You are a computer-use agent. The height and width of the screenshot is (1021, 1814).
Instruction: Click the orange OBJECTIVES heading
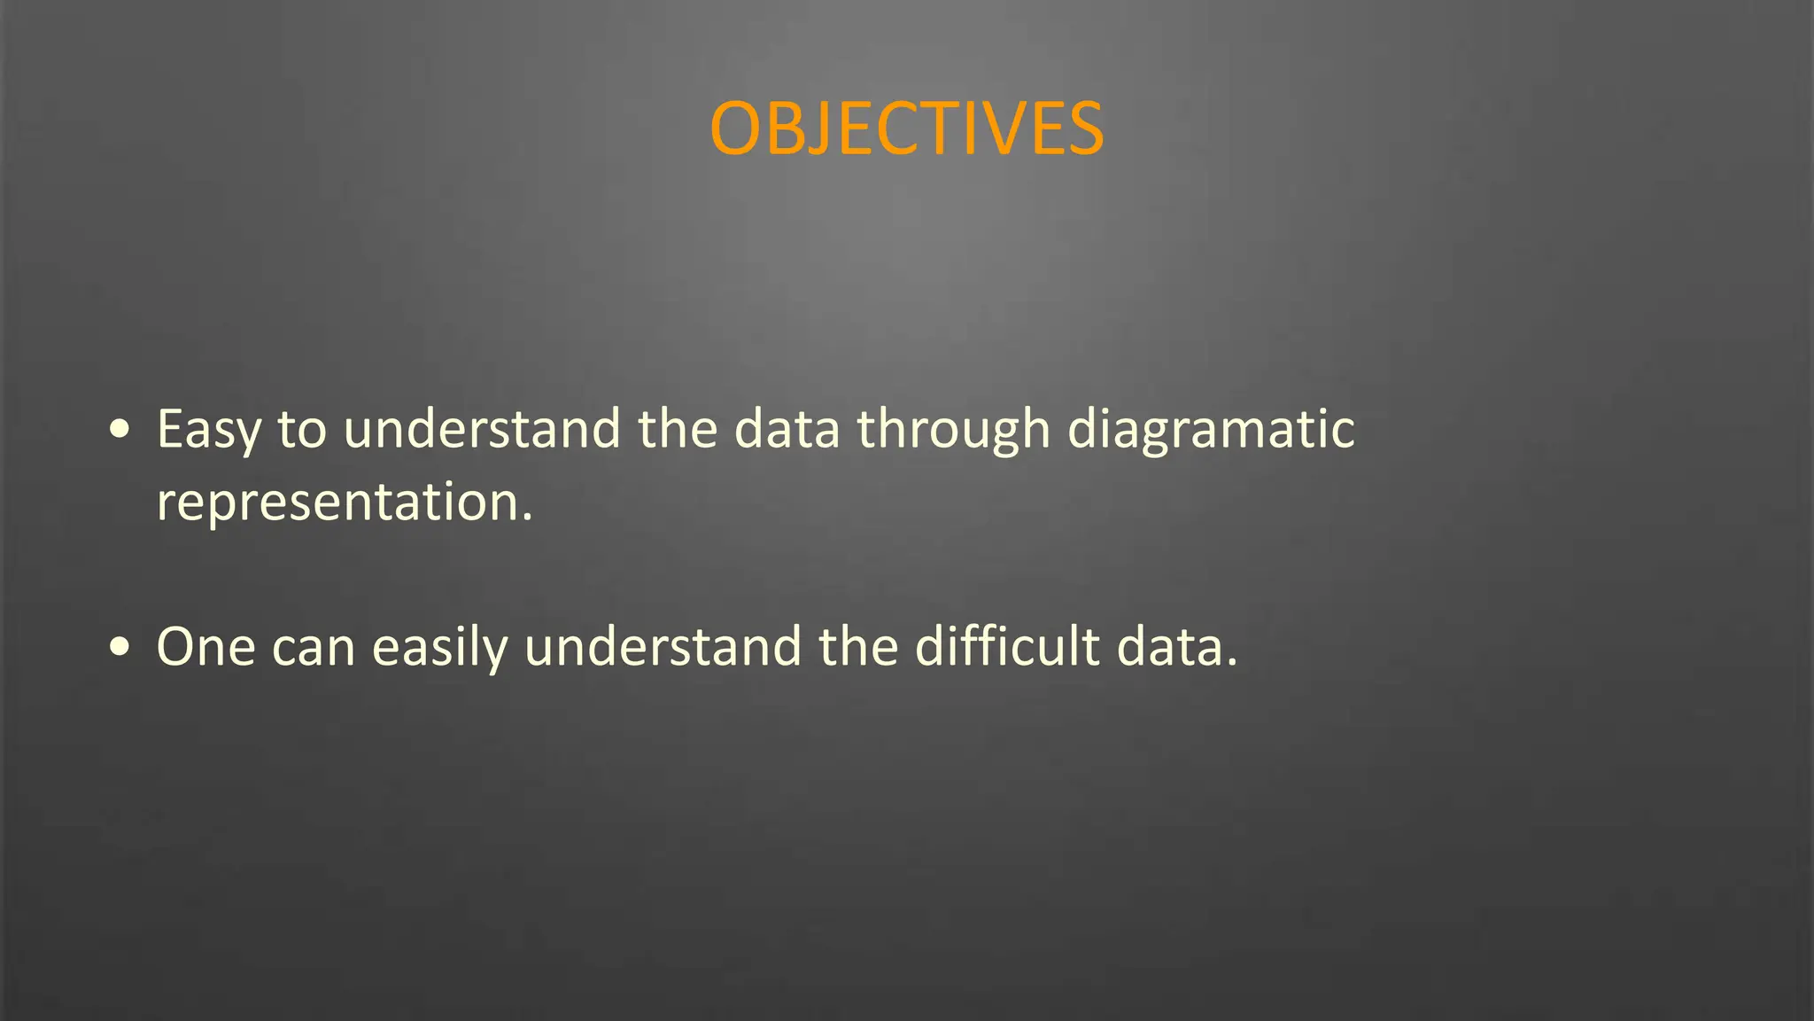(906, 129)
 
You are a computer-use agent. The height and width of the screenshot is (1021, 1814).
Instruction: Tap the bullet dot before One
(120, 647)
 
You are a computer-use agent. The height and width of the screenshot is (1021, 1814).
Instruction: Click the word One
(205, 647)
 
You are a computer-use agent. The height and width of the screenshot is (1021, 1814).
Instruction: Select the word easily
(439, 647)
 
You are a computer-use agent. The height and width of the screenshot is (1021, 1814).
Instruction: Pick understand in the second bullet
(663, 647)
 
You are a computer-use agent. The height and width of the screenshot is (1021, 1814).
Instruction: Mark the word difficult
(1007, 647)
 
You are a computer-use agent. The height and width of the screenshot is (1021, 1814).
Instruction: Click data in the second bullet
(1169, 647)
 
